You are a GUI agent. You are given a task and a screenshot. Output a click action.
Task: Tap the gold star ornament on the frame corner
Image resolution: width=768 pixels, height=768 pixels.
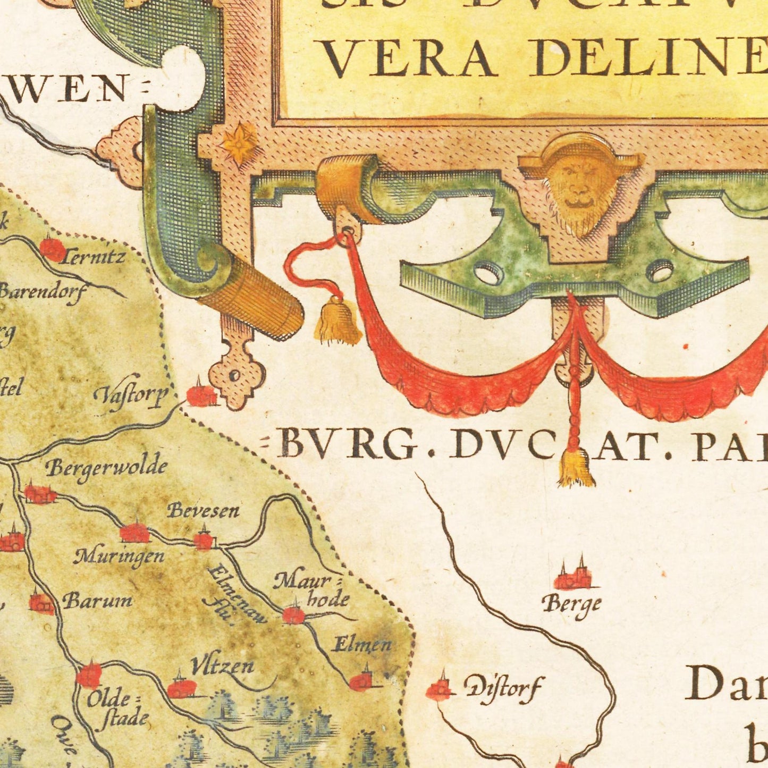[x=239, y=142]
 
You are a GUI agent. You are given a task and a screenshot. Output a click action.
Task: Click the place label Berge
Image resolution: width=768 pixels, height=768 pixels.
[x=571, y=605]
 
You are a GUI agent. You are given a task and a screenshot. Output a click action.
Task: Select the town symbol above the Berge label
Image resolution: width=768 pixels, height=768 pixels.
[x=572, y=577]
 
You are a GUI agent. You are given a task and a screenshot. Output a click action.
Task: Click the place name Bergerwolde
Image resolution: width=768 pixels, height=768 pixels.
[x=106, y=468]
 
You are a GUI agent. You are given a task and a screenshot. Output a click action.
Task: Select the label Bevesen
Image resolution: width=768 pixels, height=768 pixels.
[x=203, y=511]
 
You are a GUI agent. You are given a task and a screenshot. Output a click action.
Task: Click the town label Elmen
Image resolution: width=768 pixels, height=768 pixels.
[x=361, y=645]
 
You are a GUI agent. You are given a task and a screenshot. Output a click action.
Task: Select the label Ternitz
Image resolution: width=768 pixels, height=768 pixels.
[x=93, y=258]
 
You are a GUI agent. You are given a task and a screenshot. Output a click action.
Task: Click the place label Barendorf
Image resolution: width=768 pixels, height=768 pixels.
[x=43, y=292]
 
